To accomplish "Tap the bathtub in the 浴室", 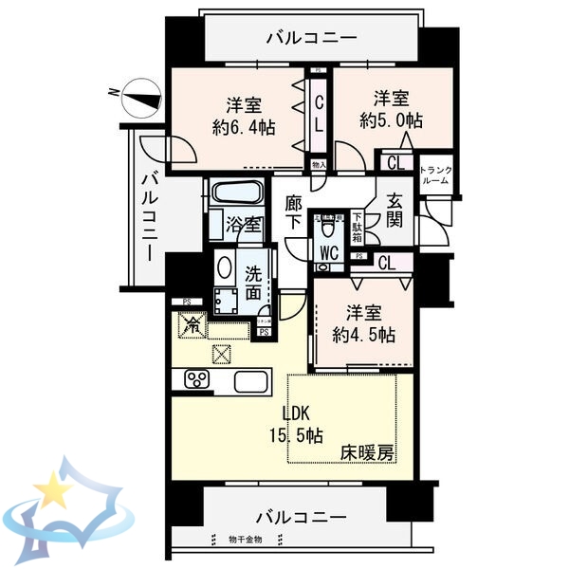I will tap(238, 193).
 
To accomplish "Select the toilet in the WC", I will tap(329, 226).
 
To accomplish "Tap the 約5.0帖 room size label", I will tap(391, 109).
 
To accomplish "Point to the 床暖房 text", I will tap(367, 453).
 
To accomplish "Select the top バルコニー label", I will tap(311, 39).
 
